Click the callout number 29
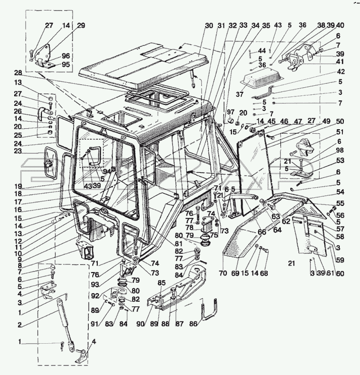[81, 25]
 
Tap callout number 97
[230, 111]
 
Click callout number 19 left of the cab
[18, 186]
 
